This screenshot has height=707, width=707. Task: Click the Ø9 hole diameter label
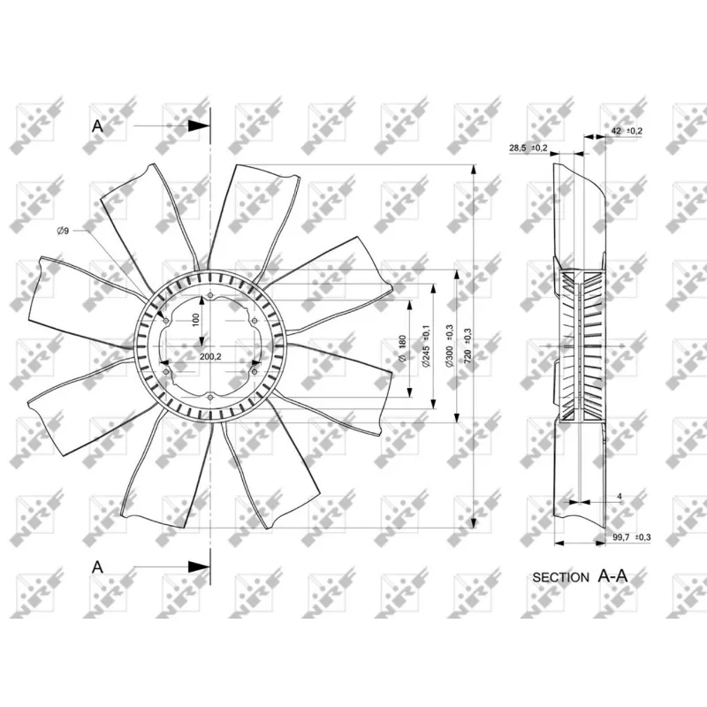click(x=63, y=231)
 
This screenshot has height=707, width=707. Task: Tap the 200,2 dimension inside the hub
click(x=210, y=356)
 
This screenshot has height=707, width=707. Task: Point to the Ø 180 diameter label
click(x=401, y=348)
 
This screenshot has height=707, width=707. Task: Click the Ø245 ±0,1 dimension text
click(x=426, y=346)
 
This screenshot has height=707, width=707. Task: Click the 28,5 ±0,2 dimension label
click(x=528, y=148)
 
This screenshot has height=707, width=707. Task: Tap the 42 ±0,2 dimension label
click(x=627, y=131)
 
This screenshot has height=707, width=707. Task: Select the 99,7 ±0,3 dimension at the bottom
click(x=631, y=537)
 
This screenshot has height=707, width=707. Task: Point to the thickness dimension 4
click(x=620, y=498)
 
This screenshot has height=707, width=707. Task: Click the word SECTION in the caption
click(x=560, y=577)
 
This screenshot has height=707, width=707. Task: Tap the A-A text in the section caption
click(x=613, y=576)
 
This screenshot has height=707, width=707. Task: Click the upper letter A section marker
click(x=97, y=126)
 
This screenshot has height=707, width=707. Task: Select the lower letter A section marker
click(x=97, y=566)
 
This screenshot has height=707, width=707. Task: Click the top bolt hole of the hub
click(x=209, y=297)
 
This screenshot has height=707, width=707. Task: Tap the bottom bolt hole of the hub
click(x=209, y=398)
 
